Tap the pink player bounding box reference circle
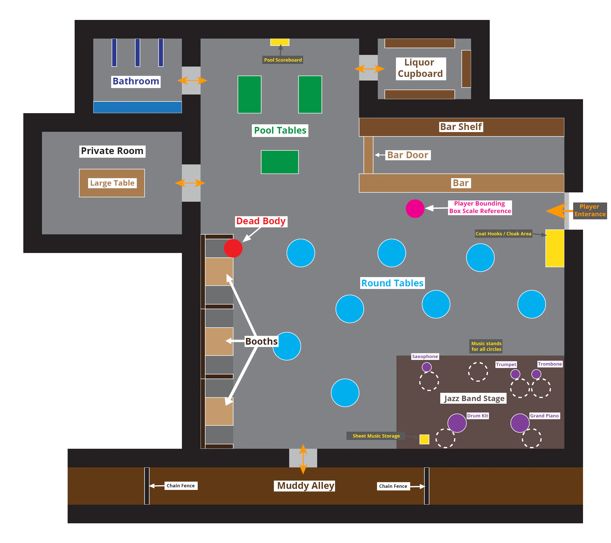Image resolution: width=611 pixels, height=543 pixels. coord(415,208)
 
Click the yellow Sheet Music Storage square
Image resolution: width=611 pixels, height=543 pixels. coord(424,439)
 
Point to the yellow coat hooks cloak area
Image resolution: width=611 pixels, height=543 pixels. coord(555,248)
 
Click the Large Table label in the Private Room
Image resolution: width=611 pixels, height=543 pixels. coord(112,183)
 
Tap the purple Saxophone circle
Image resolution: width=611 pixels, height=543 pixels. coord(427,367)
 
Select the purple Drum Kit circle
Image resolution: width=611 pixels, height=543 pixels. coord(457,423)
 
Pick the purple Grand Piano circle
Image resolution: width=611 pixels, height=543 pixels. coord(520,423)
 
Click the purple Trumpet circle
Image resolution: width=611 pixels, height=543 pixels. coord(515,374)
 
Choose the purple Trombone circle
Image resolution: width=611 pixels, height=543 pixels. coord(536,374)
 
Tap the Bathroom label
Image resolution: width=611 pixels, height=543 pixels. coord(136,81)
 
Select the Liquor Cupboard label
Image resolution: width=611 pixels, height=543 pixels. coord(420,68)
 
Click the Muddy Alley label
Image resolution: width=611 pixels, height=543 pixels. coord(305,485)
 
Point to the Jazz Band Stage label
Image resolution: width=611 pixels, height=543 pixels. coord(474,398)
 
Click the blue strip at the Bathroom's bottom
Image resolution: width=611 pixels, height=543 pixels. coord(137,107)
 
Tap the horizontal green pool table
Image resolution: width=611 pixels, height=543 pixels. coord(280,162)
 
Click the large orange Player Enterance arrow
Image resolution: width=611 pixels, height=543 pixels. coord(557,211)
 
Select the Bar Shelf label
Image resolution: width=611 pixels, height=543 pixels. coord(461,127)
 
